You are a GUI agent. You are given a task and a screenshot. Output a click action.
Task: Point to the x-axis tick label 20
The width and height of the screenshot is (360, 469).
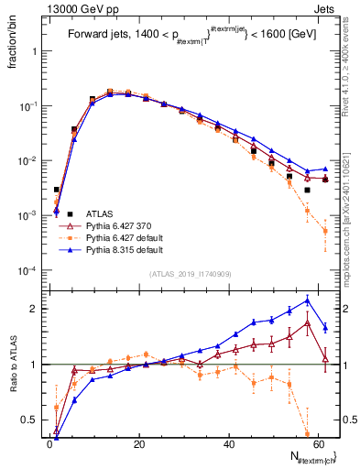pos(138,444)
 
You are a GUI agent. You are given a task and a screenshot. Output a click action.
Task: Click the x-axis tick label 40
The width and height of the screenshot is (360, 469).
pos(228,444)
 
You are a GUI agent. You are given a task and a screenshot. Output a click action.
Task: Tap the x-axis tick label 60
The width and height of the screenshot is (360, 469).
pos(317,444)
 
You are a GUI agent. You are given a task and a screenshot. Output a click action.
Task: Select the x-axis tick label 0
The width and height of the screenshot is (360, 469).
pos(49,444)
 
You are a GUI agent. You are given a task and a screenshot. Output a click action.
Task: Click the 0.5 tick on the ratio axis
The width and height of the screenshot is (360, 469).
pos(32,420)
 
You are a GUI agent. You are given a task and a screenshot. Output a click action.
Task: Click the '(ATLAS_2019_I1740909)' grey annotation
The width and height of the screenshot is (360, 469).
pos(191,274)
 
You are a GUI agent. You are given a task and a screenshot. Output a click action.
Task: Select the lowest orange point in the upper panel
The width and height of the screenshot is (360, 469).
pos(325,231)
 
